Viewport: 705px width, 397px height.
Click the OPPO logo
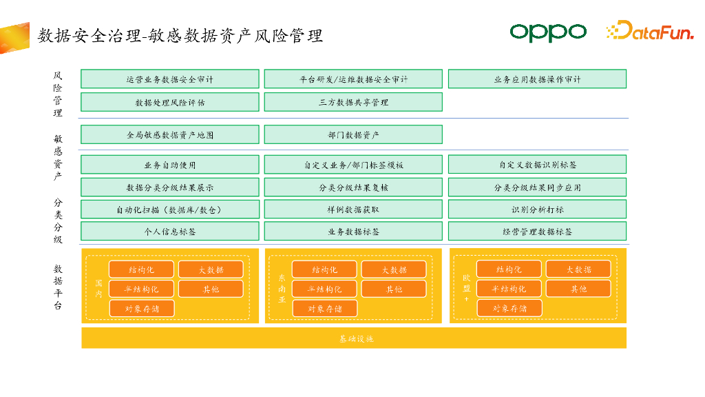click(547, 32)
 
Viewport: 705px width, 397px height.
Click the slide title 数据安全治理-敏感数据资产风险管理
click(180, 36)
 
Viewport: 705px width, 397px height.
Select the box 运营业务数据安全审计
click(170, 79)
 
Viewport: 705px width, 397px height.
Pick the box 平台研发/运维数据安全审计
click(353, 79)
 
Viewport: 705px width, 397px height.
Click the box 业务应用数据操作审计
click(537, 79)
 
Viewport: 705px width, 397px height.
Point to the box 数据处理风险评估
click(170, 103)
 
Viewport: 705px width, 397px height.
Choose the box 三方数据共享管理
click(353, 103)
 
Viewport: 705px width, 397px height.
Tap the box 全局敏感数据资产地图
click(170, 135)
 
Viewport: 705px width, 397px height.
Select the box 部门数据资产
click(353, 135)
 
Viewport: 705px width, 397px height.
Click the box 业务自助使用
click(170, 165)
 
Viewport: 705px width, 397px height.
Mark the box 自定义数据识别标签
click(537, 165)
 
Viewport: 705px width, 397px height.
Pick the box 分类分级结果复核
click(353, 187)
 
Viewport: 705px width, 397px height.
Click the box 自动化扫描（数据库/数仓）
click(170, 210)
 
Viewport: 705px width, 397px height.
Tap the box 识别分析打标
click(537, 210)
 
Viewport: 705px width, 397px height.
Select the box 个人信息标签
click(170, 232)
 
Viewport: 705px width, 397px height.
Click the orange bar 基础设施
click(354, 338)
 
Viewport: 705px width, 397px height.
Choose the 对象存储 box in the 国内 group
click(142, 309)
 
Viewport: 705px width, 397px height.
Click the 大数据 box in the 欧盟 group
click(578, 269)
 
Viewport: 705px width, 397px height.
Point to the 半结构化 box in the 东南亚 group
click(324, 289)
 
